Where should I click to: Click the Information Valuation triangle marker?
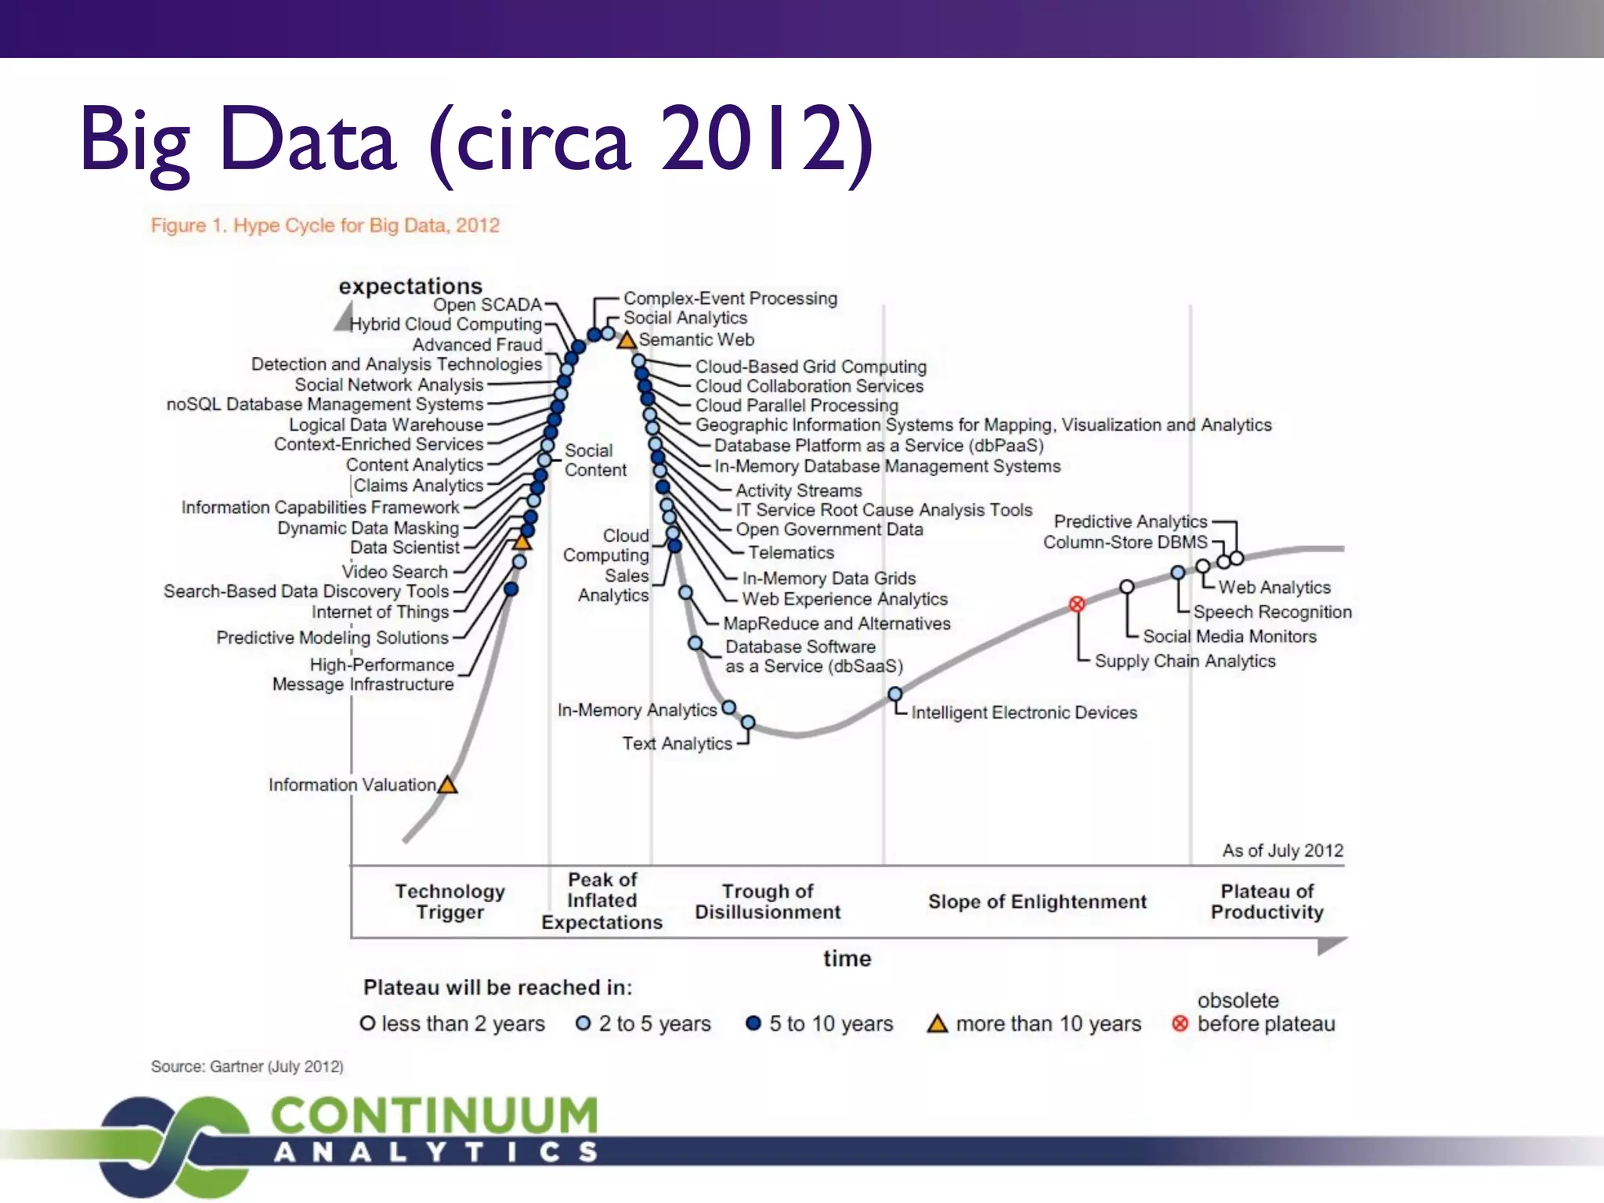click(x=447, y=785)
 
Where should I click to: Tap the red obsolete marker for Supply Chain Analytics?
click(x=1077, y=604)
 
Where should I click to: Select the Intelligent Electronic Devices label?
click(x=1024, y=713)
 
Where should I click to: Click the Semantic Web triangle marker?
click(x=626, y=341)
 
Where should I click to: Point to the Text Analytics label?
click(x=677, y=744)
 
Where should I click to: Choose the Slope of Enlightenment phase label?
click(x=1037, y=901)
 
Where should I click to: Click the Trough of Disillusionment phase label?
click(x=768, y=901)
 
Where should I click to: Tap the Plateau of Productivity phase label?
click(x=1266, y=901)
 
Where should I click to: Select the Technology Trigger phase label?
click(x=450, y=901)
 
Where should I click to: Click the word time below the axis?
click(x=847, y=959)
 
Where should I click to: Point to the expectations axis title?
click(x=410, y=286)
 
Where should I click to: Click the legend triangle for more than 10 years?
click(x=937, y=1024)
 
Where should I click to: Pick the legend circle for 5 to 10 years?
click(x=753, y=1024)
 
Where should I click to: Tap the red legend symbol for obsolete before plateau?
click(x=1180, y=1024)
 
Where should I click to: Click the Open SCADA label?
click(x=487, y=305)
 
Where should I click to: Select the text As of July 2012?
click(x=1282, y=851)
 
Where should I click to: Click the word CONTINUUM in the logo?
click(x=435, y=1115)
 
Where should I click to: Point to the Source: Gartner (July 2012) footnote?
click(x=247, y=1067)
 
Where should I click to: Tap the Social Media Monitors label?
click(x=1230, y=637)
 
